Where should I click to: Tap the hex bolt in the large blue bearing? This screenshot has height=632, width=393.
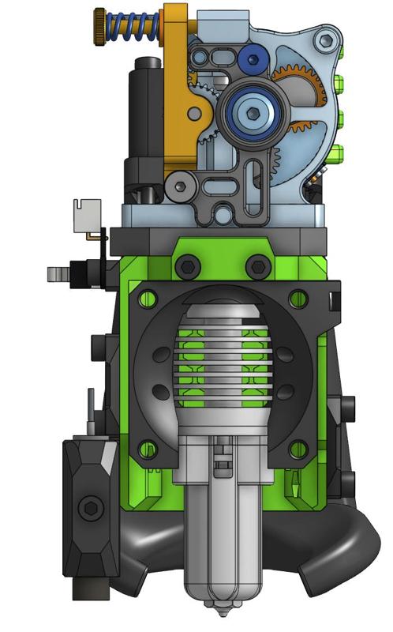point(252,113)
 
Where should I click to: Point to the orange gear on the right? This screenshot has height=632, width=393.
point(300,87)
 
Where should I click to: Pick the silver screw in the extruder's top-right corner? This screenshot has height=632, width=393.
point(324,40)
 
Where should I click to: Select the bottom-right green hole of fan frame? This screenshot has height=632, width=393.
point(298,450)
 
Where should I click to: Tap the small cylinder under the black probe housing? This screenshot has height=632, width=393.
point(84,588)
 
